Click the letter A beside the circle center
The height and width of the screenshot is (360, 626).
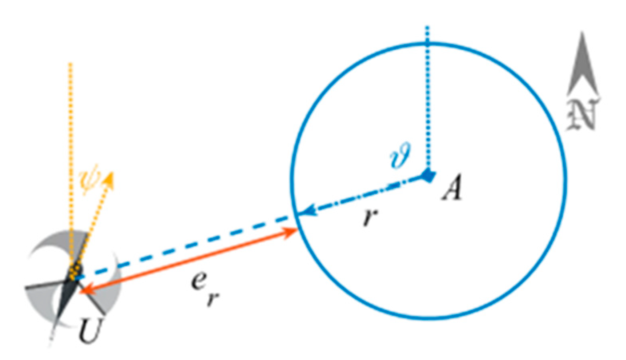tap(451, 188)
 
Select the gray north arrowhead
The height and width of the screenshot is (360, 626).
tap(582, 64)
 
